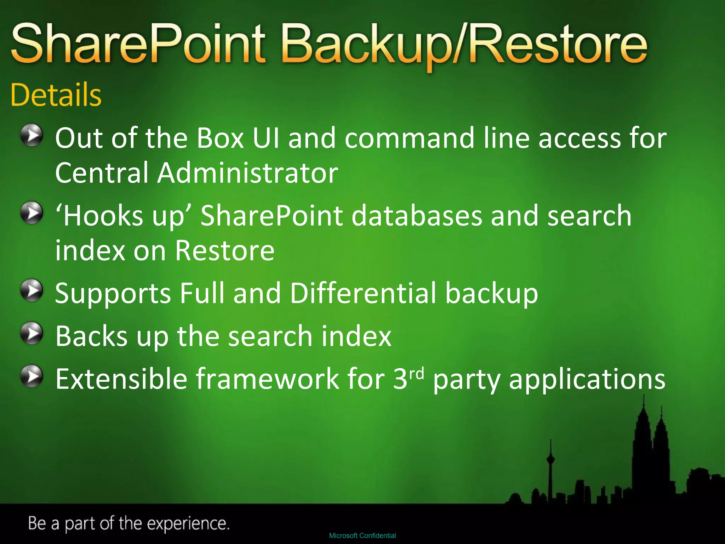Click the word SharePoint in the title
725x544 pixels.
pyautogui.click(x=138, y=44)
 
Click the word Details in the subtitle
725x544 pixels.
pyautogui.click(x=56, y=95)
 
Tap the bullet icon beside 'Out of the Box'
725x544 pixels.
pyautogui.click(x=32, y=135)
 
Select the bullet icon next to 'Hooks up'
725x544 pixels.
pyautogui.click(x=32, y=212)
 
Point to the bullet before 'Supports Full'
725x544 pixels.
pyautogui.click(x=32, y=290)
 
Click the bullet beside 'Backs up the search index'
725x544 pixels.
pyautogui.click(x=32, y=333)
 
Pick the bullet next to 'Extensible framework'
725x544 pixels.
pyautogui.click(x=32, y=376)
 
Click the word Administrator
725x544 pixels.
pyautogui.click(x=248, y=173)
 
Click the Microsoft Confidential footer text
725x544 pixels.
pyautogui.click(x=362, y=535)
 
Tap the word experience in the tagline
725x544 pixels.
pyautogui.click(x=188, y=523)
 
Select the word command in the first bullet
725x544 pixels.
pyautogui.click(x=409, y=138)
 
